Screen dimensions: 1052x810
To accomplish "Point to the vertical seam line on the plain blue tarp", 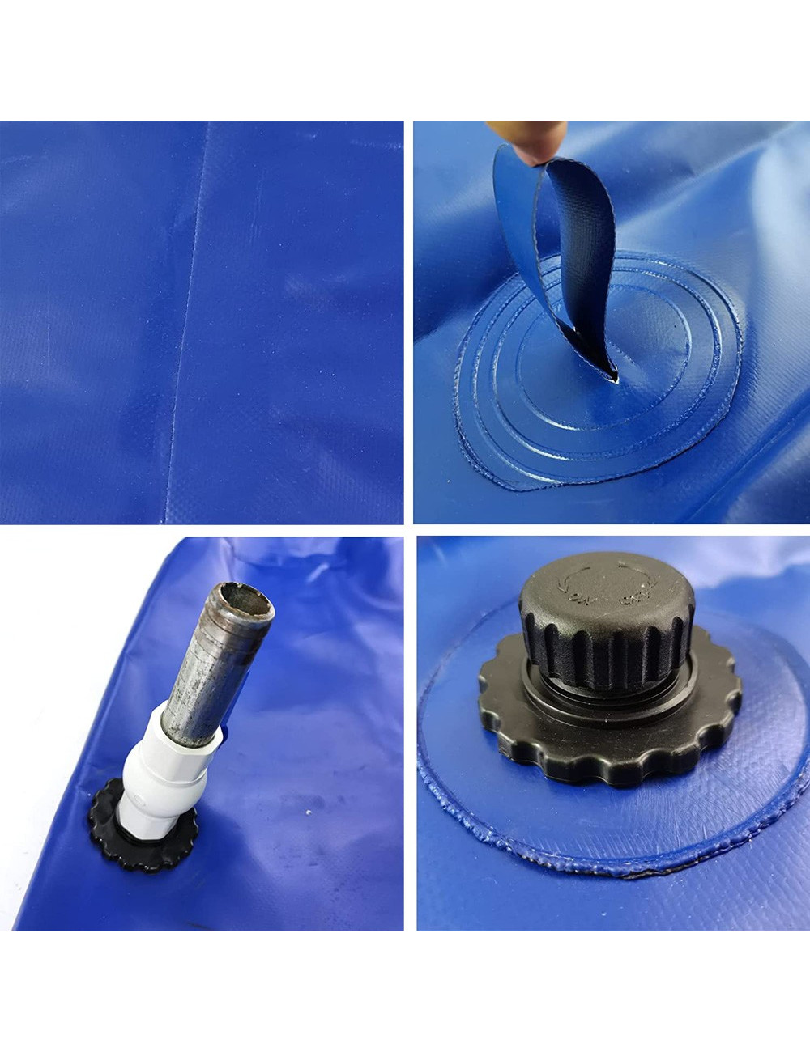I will coord(188,324).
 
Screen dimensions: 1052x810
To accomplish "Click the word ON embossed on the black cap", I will coord(580,600).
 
